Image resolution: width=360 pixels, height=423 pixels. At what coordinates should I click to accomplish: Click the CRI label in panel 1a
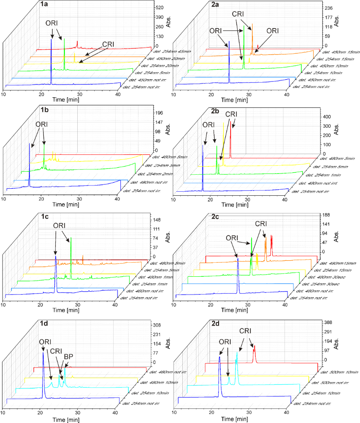click(108, 43)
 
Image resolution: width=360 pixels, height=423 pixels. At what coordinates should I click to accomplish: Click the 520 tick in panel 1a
click(159, 7)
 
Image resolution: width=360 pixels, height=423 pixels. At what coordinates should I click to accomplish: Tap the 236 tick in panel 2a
click(328, 8)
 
